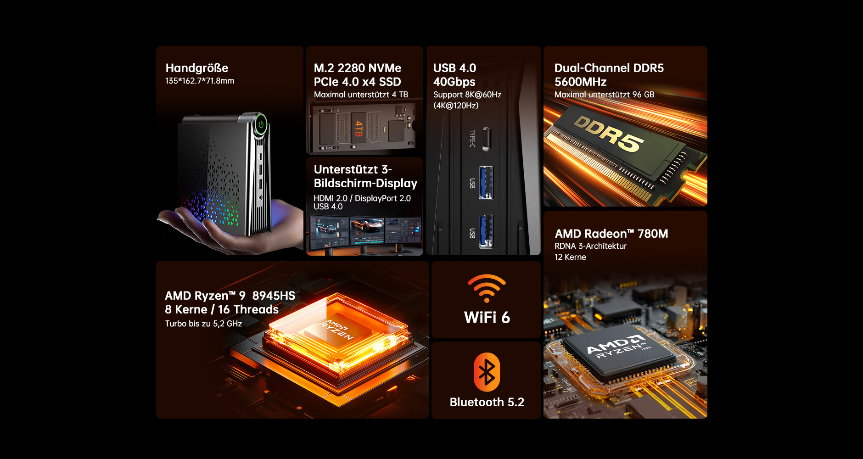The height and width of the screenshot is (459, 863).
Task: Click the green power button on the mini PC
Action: click(261, 124)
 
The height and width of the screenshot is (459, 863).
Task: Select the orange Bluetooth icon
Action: click(487, 372)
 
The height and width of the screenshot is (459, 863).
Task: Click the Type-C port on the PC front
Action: click(486, 139)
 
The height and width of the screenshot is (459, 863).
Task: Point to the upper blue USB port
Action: click(486, 183)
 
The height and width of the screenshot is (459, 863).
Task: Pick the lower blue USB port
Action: click(486, 231)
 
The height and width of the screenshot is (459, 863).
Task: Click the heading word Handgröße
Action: click(197, 68)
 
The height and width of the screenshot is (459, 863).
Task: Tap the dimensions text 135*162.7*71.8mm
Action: click(200, 81)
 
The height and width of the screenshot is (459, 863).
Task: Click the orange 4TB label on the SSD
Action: click(359, 129)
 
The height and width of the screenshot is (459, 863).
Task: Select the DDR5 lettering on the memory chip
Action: click(609, 133)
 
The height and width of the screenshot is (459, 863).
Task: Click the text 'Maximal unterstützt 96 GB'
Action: click(605, 95)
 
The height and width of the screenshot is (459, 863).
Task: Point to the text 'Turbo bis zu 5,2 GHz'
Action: click(203, 324)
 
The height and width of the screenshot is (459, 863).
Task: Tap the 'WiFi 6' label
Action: click(487, 318)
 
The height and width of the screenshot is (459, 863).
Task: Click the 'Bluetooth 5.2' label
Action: click(487, 402)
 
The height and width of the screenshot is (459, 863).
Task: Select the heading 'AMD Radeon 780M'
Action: click(611, 234)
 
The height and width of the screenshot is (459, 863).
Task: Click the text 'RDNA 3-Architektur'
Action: click(590, 246)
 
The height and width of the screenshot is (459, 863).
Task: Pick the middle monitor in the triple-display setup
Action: click(366, 232)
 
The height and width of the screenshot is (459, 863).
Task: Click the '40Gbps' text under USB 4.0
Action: click(454, 82)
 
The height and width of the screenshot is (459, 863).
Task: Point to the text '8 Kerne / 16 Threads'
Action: click(222, 309)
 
